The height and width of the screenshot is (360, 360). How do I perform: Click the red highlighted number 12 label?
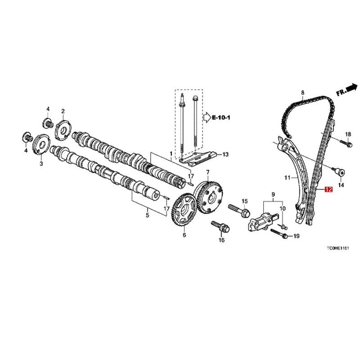click(328, 190)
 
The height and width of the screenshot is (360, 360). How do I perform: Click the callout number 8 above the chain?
click(302, 93)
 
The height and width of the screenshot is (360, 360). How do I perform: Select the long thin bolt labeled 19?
click(279, 234)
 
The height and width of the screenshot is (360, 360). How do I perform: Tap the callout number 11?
click(287, 178)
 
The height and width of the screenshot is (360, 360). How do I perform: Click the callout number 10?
click(283, 208)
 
